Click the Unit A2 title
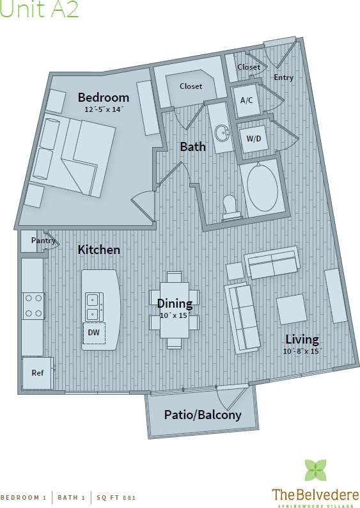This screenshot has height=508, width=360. tap(40, 10)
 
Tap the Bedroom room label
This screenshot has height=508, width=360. tap(103, 98)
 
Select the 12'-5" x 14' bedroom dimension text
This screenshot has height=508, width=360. tap(103, 109)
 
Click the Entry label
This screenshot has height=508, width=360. tap(283, 77)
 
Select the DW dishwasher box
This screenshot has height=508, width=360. tap(93, 332)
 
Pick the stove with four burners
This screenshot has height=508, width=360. tap(33, 306)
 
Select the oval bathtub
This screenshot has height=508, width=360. tap(261, 187)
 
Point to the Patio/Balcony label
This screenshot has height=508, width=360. tap(203, 415)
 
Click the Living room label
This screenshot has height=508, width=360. tap(302, 340)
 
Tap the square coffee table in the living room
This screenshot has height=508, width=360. tap(292, 309)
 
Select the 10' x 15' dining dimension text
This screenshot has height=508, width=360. tap(175, 315)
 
